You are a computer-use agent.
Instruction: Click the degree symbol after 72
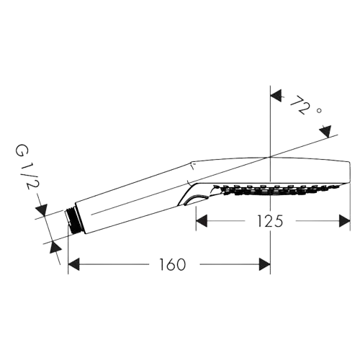tap(318, 109)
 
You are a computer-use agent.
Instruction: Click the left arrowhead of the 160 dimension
tap(73, 264)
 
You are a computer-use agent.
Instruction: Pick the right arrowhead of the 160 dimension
tap(262, 264)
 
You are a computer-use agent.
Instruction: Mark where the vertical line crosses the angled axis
tap(269, 157)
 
